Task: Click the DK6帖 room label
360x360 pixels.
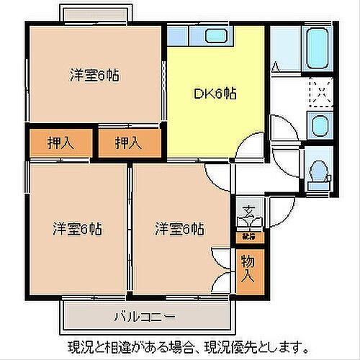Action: [x=216, y=93]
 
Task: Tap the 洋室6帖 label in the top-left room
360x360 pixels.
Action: [x=94, y=76]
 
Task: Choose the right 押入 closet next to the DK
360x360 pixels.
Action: [x=129, y=143]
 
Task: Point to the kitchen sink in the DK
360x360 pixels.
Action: [x=214, y=35]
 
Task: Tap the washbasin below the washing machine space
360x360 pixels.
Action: [x=317, y=125]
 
